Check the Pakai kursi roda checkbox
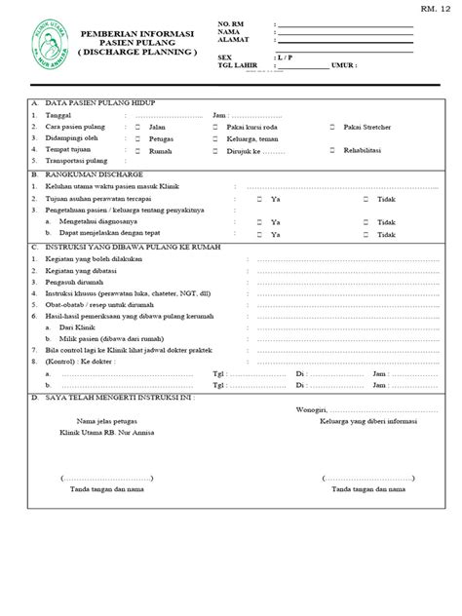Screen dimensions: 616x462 click(216, 127)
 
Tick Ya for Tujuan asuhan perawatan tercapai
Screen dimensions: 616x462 click(258, 199)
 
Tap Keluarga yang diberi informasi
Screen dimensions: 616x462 click(362, 420)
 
